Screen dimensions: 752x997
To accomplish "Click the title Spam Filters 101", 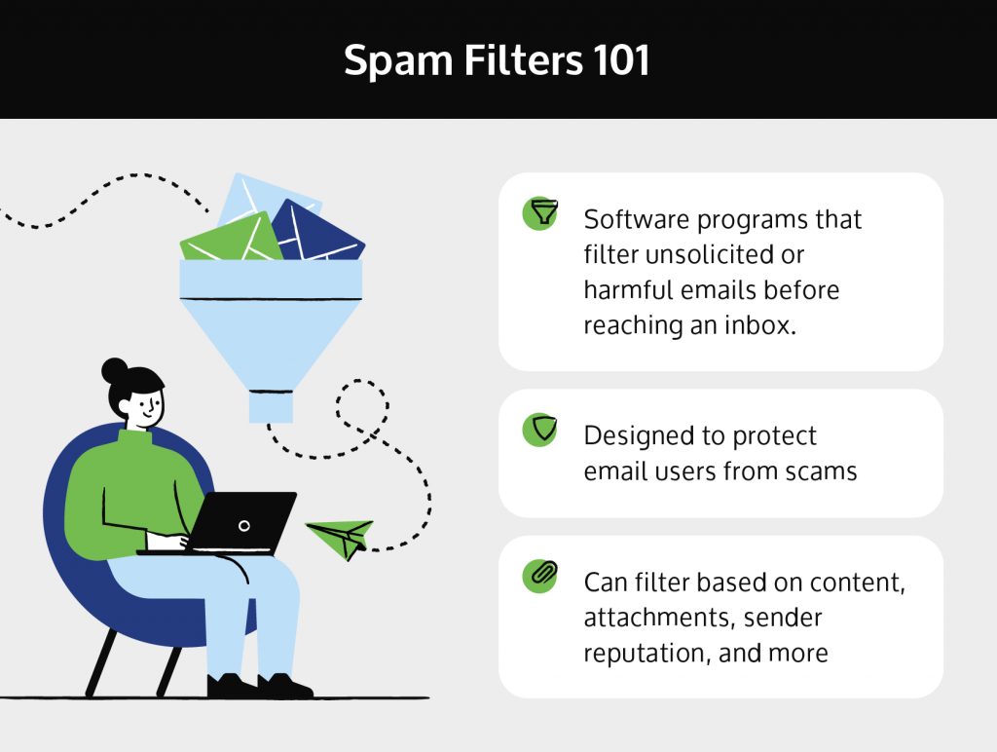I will tap(497, 61).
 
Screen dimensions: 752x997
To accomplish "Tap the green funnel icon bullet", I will tap(539, 213).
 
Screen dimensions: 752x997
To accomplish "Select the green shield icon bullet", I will tap(539, 430).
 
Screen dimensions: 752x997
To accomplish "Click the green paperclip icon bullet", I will tap(539, 576).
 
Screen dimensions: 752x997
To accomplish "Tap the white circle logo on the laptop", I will tap(244, 526).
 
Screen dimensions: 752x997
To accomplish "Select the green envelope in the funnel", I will tap(229, 239).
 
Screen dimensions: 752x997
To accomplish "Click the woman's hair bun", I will tap(115, 371).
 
